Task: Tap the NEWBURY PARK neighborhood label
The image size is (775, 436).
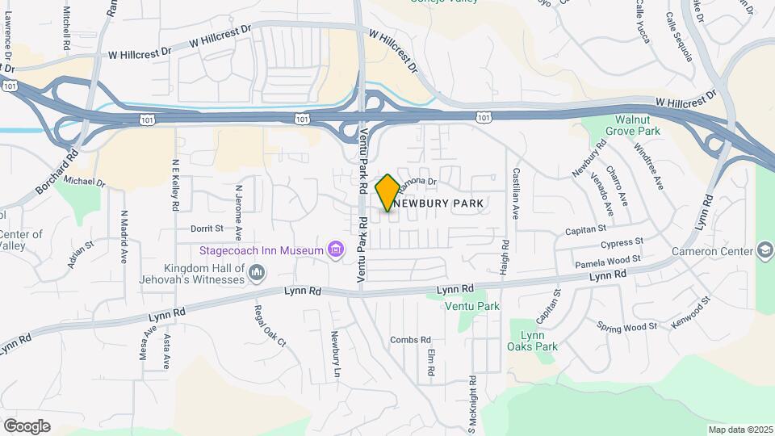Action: point(440,203)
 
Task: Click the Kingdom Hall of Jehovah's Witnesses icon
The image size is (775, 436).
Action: point(257,275)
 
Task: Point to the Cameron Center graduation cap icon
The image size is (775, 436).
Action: point(763,251)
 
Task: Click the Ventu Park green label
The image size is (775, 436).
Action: point(472,306)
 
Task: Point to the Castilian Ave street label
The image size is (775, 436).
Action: point(515,194)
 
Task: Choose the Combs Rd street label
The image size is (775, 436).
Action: point(410,340)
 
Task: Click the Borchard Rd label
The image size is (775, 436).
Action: point(57,171)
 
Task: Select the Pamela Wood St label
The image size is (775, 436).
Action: point(607,262)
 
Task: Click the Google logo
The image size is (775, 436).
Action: point(26,426)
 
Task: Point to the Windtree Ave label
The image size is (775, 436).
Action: point(648,167)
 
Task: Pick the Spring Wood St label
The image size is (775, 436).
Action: point(627,327)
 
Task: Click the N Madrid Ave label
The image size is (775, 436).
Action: point(124,237)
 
